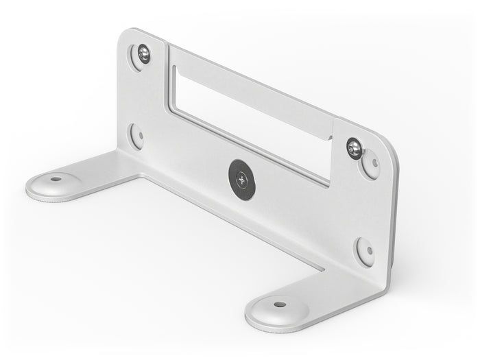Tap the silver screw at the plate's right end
click(x=354, y=147)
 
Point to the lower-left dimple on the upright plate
click(x=136, y=135)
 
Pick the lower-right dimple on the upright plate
click(x=365, y=251)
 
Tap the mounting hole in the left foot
click(x=56, y=179)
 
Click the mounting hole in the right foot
click(x=280, y=304)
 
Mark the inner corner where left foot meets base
click(x=141, y=177)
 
